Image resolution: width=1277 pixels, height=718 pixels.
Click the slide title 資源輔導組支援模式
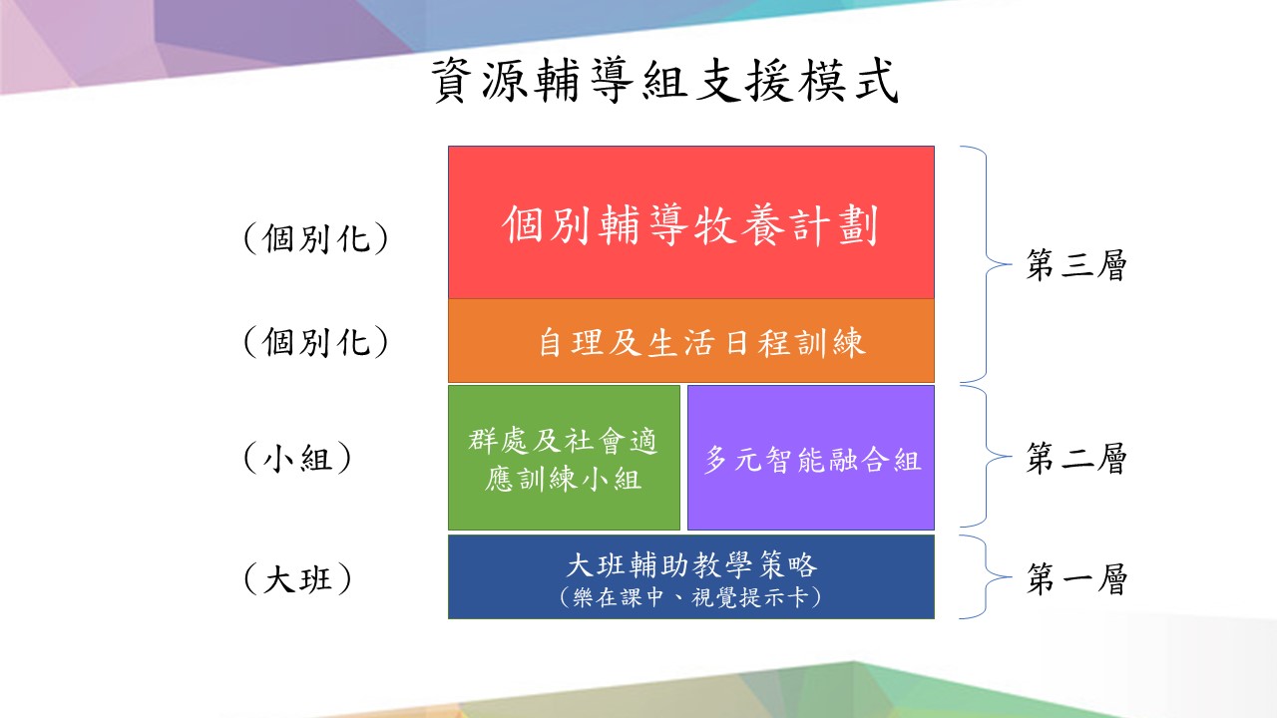click(x=664, y=81)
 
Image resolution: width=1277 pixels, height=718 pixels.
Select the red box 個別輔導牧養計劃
click(x=691, y=222)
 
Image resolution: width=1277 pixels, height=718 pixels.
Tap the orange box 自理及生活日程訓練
click(x=691, y=341)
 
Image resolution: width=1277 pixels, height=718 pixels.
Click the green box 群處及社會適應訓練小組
click(x=564, y=458)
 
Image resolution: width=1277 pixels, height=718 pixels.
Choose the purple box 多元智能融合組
click(x=811, y=458)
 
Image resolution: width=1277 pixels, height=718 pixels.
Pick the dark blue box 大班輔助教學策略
click(x=691, y=576)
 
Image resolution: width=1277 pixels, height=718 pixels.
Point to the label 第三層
click(x=1076, y=265)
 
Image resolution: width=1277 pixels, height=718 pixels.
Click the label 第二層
click(x=1076, y=458)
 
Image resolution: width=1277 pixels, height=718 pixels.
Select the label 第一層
click(x=1076, y=579)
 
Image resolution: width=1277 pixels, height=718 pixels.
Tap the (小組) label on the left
click(x=297, y=458)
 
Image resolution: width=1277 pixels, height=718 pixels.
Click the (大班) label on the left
click(x=297, y=579)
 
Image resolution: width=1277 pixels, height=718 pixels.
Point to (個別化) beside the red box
click(x=316, y=238)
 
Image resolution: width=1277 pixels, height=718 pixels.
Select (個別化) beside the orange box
click(x=316, y=342)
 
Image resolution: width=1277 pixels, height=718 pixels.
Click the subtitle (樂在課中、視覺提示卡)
click(x=691, y=597)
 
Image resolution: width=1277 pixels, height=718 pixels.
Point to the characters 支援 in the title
click(x=743, y=81)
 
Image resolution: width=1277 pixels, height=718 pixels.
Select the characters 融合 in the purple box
click(x=859, y=460)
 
